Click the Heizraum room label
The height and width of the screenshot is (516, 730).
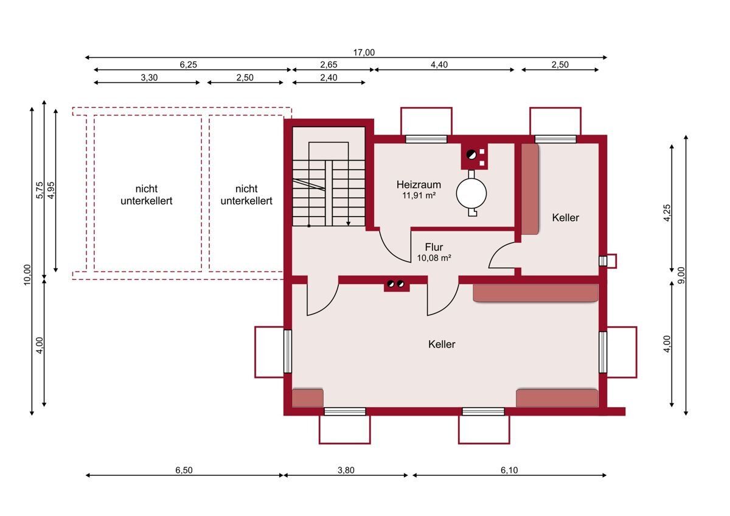(x=419, y=185)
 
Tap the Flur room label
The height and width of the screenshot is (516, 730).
(x=434, y=247)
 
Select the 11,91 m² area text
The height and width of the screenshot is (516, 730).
(x=419, y=195)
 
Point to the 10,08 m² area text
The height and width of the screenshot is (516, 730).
(x=434, y=258)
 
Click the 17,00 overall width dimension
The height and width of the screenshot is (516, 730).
(x=364, y=52)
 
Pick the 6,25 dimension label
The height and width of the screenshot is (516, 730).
(x=189, y=64)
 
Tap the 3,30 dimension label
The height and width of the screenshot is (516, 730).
(x=149, y=77)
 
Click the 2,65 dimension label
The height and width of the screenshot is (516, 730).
(x=328, y=64)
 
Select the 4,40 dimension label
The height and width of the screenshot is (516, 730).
(x=439, y=64)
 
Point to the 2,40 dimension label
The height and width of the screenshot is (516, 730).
(x=328, y=77)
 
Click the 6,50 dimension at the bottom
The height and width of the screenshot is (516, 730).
(x=184, y=470)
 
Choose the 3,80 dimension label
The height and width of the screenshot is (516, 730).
(x=346, y=470)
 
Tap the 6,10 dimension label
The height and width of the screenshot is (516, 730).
(x=509, y=470)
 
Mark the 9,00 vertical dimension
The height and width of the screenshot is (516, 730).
(x=681, y=276)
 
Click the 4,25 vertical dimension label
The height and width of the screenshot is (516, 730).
(x=667, y=213)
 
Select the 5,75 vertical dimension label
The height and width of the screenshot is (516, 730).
(x=39, y=190)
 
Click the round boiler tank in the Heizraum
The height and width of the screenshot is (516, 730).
(x=471, y=193)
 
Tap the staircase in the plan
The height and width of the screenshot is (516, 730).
(x=328, y=184)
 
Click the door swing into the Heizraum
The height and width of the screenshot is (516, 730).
(x=395, y=246)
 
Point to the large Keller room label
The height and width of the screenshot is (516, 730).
(x=442, y=344)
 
